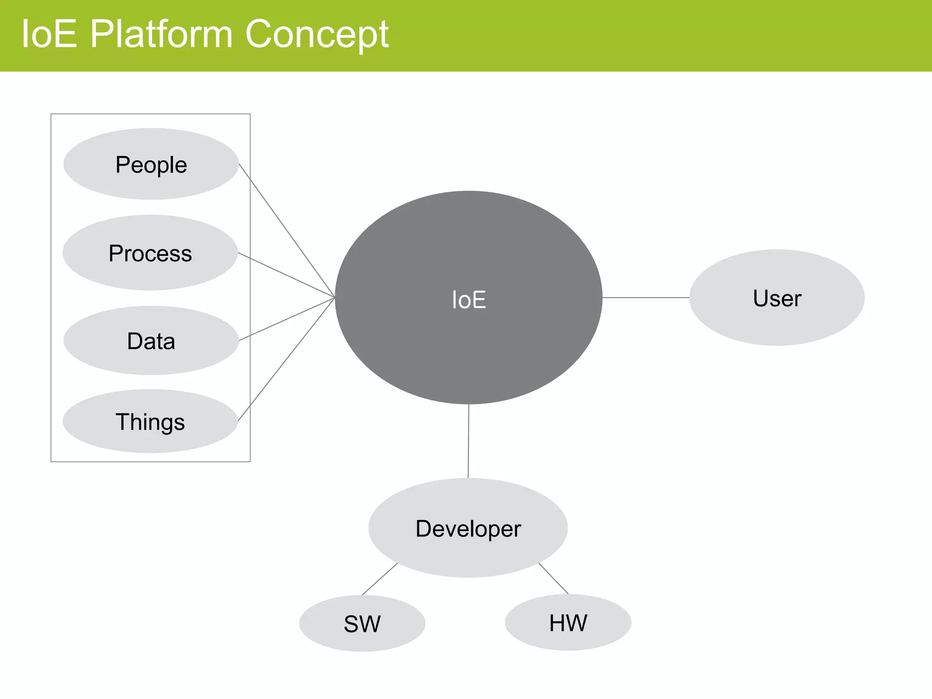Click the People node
(x=151, y=164)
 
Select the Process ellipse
(x=150, y=253)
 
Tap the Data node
(x=151, y=341)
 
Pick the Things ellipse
(x=150, y=421)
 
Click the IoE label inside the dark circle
(x=469, y=300)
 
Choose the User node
(x=777, y=298)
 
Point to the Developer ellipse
(x=468, y=528)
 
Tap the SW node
(x=362, y=623)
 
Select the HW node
(x=568, y=623)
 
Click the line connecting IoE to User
(x=646, y=298)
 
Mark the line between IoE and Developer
(x=468, y=441)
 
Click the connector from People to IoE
(x=287, y=231)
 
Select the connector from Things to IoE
(x=286, y=360)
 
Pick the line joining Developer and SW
(x=380, y=579)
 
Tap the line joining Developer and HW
(x=553, y=578)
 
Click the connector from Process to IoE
(x=287, y=275)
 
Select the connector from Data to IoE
(x=287, y=319)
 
